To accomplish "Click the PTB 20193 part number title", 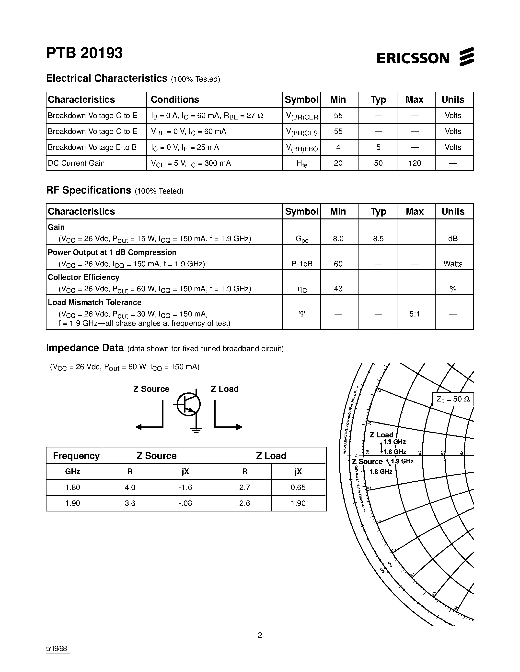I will point(84,53).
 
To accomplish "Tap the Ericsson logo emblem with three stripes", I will point(466,57).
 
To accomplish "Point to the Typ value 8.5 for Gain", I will point(378,239).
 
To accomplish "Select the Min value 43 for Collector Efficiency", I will point(338,289).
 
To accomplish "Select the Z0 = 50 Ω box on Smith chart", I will point(452,399).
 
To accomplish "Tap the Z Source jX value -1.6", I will point(185,488).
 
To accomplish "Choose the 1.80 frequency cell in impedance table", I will point(73,488).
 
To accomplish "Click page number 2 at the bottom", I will point(260,635).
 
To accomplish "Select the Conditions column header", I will point(175,100).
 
